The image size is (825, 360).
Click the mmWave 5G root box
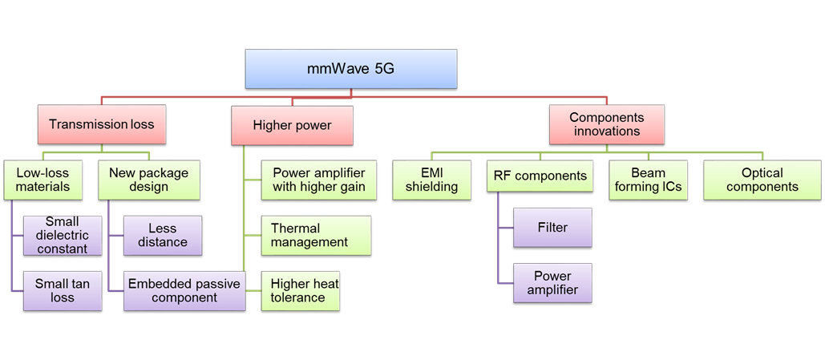click(x=350, y=69)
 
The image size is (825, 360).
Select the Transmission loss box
click(x=101, y=124)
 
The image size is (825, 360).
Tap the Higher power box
click(x=292, y=125)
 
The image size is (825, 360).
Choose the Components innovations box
click(x=607, y=123)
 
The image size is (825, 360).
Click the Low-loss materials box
click(x=43, y=180)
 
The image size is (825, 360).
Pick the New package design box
click(x=148, y=180)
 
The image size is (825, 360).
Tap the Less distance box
click(x=163, y=235)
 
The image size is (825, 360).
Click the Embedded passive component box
click(x=184, y=290)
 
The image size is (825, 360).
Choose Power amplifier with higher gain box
click(x=319, y=180)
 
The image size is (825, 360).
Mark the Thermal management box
click(x=316, y=235)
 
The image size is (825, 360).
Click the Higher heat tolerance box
click(x=301, y=290)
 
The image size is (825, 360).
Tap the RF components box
click(x=539, y=176)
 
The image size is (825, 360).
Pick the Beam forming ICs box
click(x=648, y=180)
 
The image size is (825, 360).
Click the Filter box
click(x=552, y=228)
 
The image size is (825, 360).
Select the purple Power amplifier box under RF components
click(x=552, y=283)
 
